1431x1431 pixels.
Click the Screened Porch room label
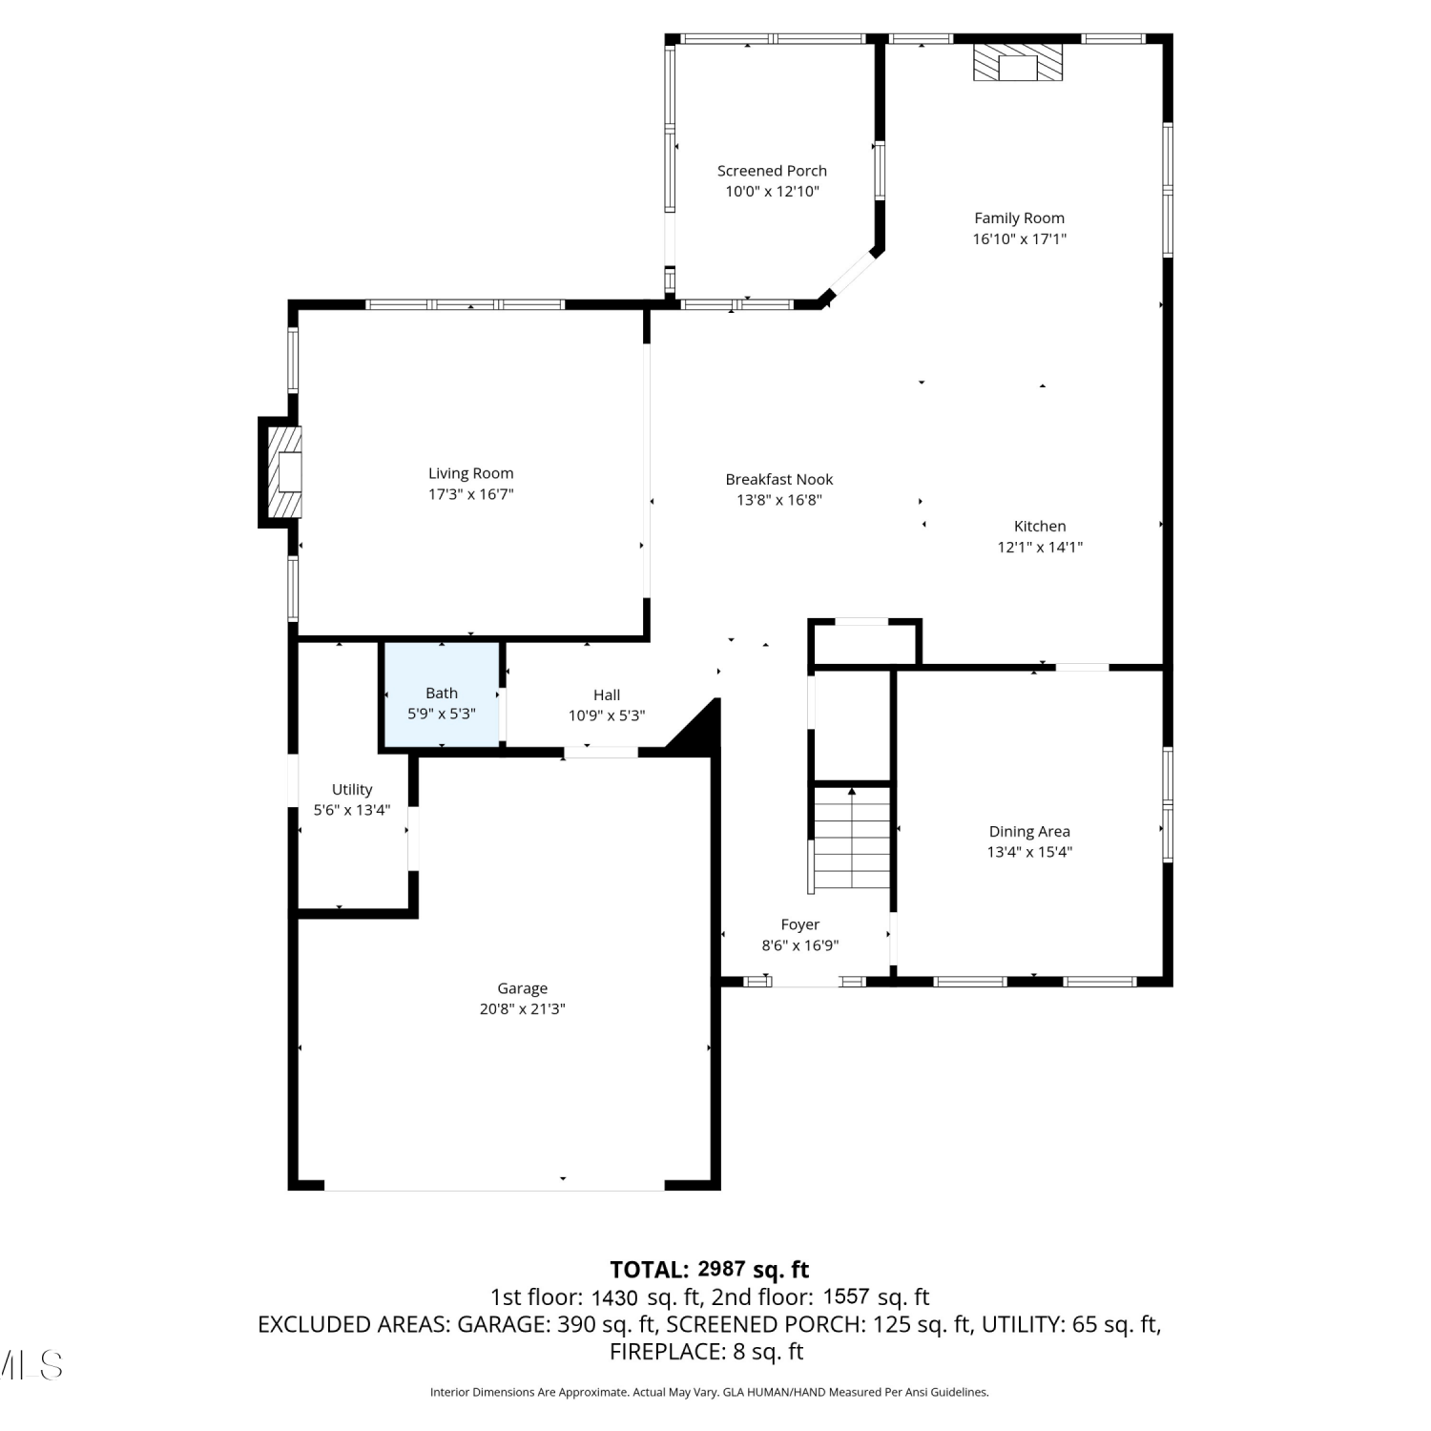(772, 171)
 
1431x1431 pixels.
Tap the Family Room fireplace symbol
(1018, 61)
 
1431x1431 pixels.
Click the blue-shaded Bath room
(442, 695)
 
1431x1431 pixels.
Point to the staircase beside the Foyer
(851, 840)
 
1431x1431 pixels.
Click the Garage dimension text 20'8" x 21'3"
(522, 1009)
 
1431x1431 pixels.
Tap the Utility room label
(352, 790)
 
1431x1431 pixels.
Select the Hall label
(607, 695)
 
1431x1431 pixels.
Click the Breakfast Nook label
(779, 480)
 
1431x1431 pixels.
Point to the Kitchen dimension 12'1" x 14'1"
(1040, 548)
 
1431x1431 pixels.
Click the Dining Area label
(1029, 832)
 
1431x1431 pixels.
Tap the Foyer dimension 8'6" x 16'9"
(799, 946)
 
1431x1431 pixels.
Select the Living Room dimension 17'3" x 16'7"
(471, 494)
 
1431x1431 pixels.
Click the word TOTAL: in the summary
(649, 1270)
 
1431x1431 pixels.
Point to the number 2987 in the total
(722, 1269)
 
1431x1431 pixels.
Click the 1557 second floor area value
(847, 1296)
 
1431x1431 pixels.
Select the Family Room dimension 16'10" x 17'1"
(1019, 239)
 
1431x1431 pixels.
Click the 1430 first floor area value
(614, 1297)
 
